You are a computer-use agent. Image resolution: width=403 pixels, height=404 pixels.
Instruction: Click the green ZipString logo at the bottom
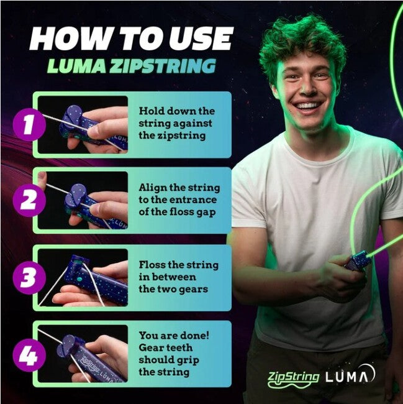coord(293,377)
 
